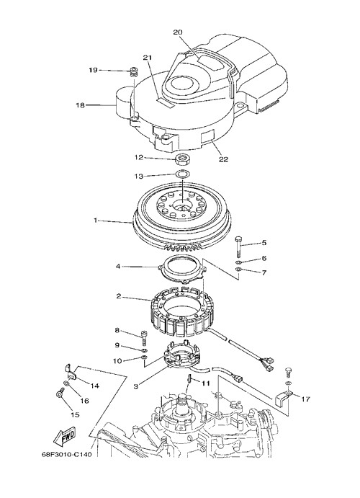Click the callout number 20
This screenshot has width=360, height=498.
point(178,32)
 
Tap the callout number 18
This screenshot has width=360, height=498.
point(80,105)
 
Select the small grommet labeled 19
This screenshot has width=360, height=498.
point(135,71)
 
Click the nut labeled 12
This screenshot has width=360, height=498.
point(182,159)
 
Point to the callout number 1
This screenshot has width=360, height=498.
point(96,221)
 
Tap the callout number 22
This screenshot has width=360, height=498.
point(224,159)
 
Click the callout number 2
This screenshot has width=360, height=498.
point(119,296)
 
